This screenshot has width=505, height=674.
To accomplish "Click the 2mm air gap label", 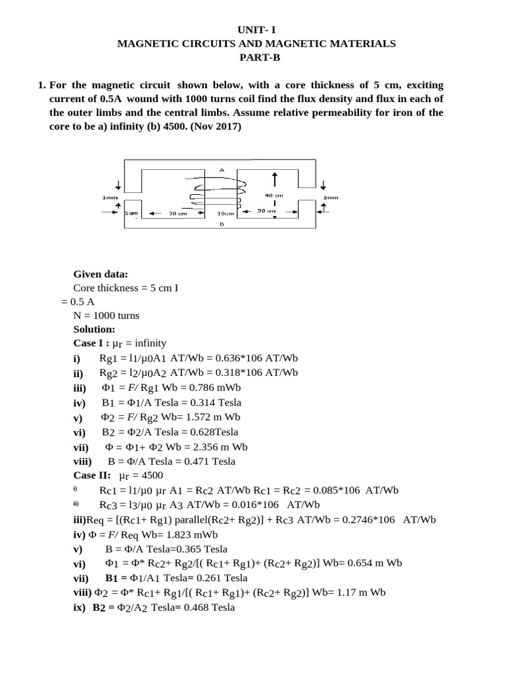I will click(x=331, y=197).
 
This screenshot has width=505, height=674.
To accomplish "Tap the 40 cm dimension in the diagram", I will click(x=274, y=195).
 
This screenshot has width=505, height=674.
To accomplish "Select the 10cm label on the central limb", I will click(x=226, y=214).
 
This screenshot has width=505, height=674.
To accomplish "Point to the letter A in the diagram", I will click(x=222, y=170).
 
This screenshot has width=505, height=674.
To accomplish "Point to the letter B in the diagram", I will click(x=222, y=224).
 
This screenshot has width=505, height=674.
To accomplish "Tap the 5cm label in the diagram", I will click(x=131, y=214).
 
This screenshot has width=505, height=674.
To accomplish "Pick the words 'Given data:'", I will click(x=101, y=274).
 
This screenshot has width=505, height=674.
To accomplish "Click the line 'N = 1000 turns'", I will click(x=107, y=315).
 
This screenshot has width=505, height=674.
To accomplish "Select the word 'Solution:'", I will click(x=95, y=329).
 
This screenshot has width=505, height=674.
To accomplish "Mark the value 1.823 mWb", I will click(x=187, y=534).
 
